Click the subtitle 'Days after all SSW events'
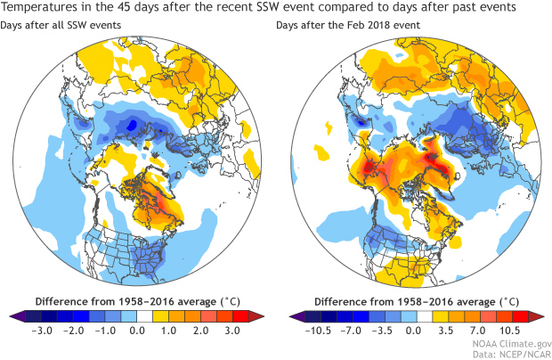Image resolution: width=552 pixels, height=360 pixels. coord(65,27)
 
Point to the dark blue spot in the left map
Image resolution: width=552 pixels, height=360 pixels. coord(133,126)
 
